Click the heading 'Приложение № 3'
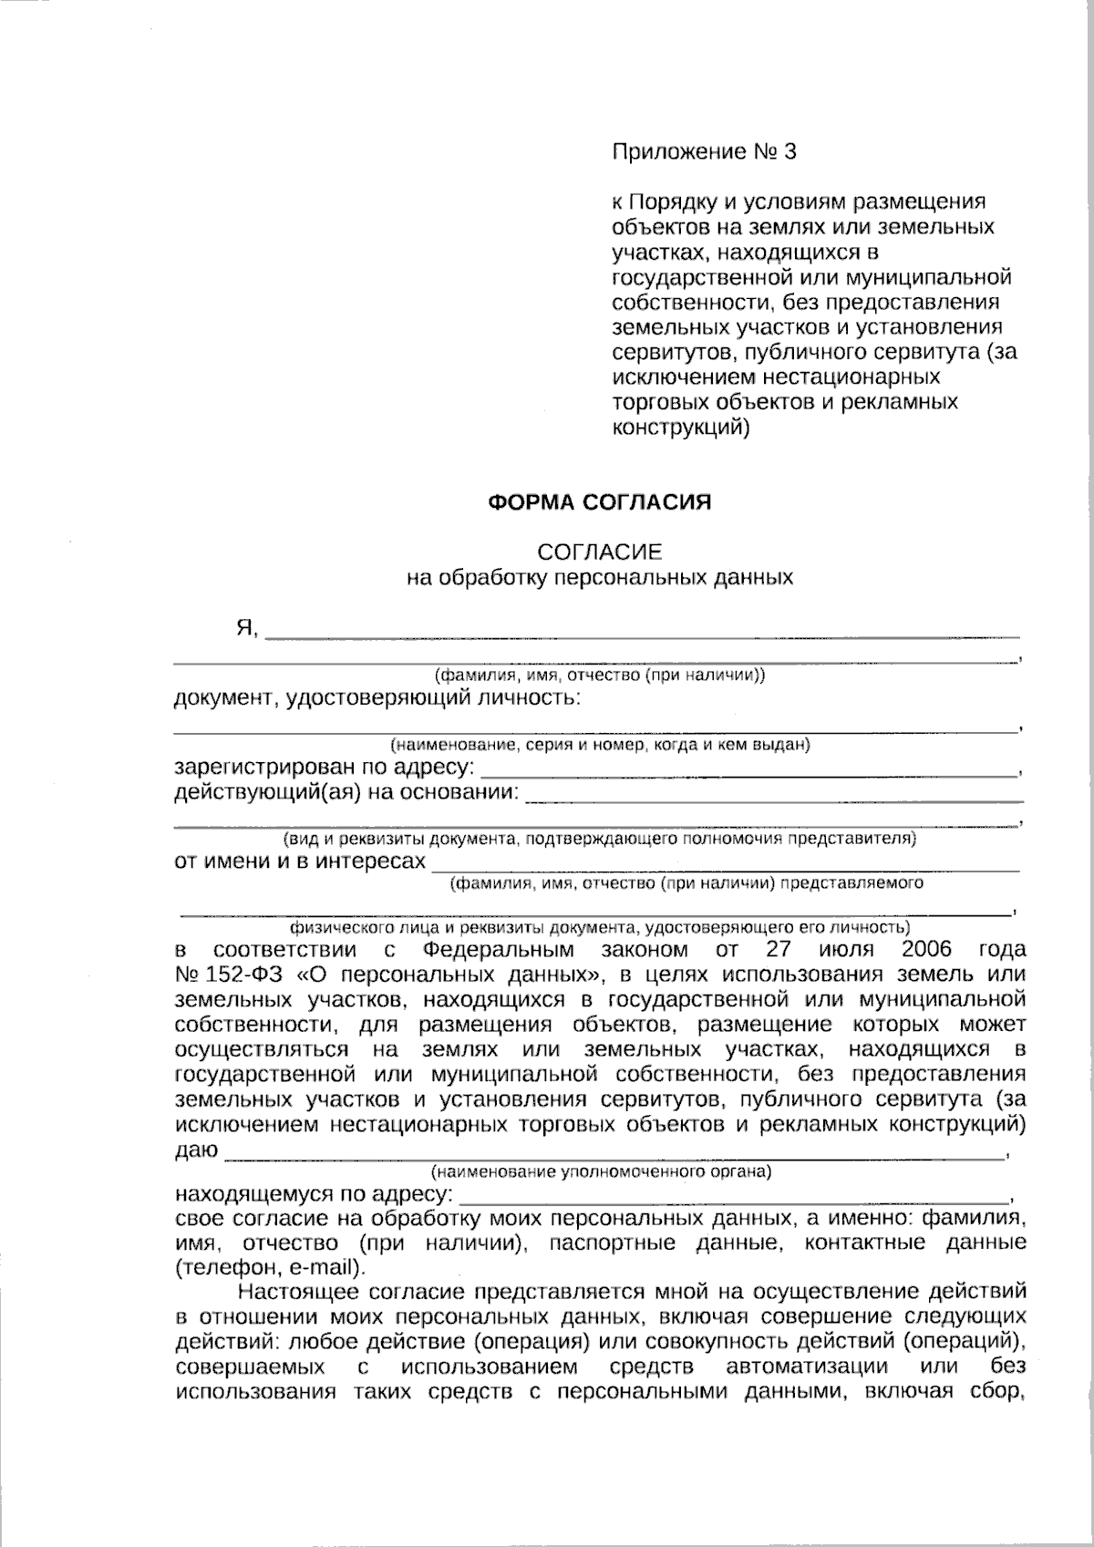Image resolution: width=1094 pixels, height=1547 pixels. tap(703, 152)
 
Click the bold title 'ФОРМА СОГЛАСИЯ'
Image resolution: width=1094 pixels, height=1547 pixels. tap(599, 502)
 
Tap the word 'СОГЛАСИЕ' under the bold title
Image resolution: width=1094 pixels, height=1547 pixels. tap(599, 552)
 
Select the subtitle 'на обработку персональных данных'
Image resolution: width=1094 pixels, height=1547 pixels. tap(599, 577)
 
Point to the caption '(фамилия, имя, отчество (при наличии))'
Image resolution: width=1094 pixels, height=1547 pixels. tap(599, 676)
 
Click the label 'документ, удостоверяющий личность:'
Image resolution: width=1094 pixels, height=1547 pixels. tap(376, 699)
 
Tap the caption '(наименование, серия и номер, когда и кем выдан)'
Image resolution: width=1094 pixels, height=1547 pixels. tap(599, 746)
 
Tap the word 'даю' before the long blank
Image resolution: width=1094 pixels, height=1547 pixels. tap(195, 1150)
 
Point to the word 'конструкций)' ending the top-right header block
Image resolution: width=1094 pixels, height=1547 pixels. tap(680, 427)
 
